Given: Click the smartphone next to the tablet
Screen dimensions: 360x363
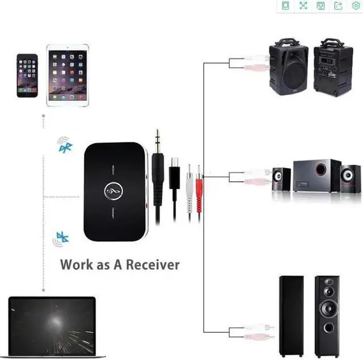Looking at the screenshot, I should pyautogui.click(x=27, y=75).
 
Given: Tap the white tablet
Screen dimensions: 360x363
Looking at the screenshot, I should pyautogui.click(x=67, y=75).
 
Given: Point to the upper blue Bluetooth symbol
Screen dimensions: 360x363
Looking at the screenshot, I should pyautogui.click(x=65, y=147).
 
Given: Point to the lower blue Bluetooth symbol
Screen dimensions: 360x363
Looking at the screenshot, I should pyautogui.click(x=62, y=239).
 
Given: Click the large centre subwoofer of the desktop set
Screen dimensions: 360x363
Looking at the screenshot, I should pyautogui.click(x=317, y=176).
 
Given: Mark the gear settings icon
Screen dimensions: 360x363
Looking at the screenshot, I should pyautogui.click(x=356, y=6).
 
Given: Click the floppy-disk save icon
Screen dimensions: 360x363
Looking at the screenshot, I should pyautogui.click(x=320, y=6).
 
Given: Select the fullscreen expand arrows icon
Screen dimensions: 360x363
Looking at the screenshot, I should pyautogui.click(x=303, y=6).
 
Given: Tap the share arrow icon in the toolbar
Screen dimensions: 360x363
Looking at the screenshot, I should pyautogui.click(x=338, y=6).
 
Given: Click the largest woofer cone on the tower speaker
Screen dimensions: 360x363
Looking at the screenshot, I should pyautogui.click(x=328, y=308).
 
